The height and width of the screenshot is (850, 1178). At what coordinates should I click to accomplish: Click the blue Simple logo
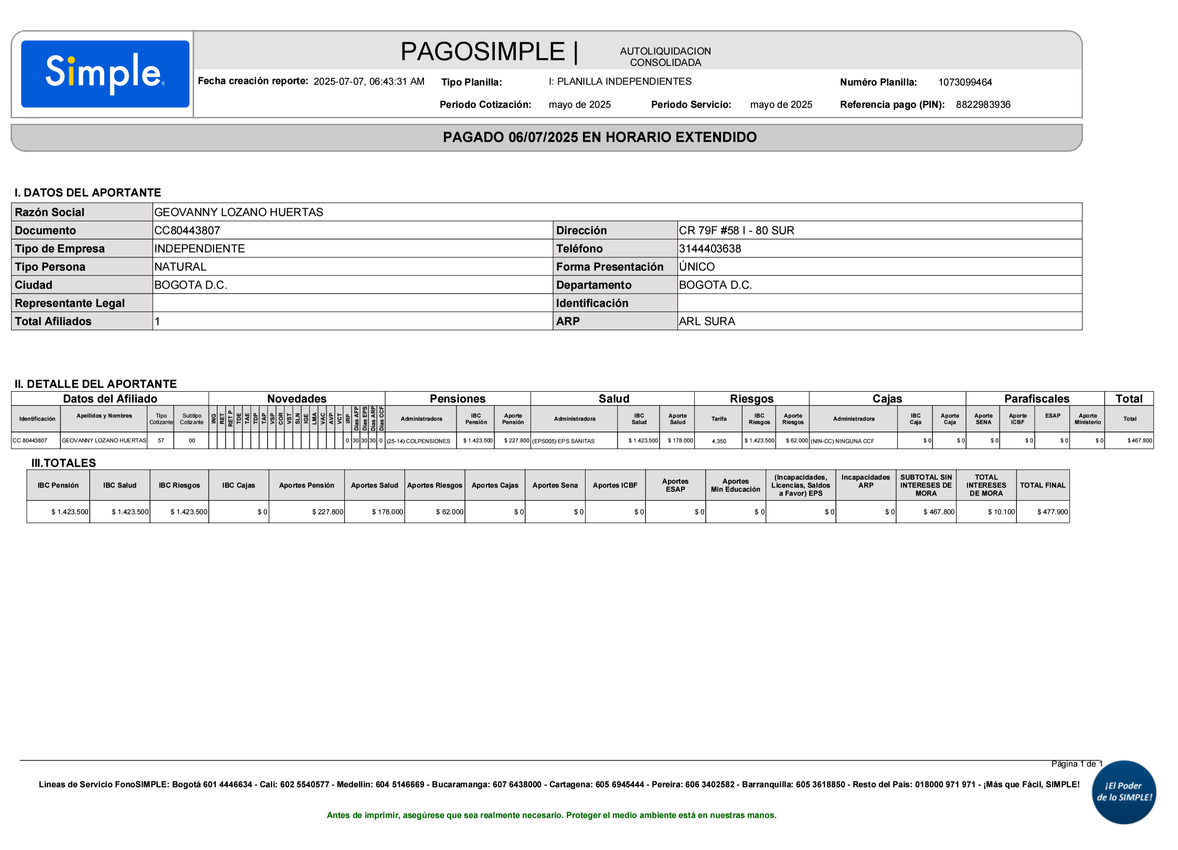pyautogui.click(x=105, y=74)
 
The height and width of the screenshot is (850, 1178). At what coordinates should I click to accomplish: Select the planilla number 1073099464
pyautogui.click(x=964, y=82)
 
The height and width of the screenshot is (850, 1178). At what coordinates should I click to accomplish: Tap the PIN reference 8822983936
pyautogui.click(x=982, y=105)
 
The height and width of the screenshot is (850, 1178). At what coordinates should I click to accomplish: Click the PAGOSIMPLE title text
pyautogui.click(x=482, y=52)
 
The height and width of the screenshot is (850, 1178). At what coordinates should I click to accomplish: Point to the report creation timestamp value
pyautogui.click(x=368, y=82)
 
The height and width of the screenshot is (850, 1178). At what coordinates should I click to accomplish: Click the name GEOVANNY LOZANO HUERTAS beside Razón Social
pyautogui.click(x=238, y=212)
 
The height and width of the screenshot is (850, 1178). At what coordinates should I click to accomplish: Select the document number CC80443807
pyautogui.click(x=187, y=231)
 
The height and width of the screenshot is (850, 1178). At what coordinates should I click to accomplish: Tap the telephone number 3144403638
pyautogui.click(x=709, y=249)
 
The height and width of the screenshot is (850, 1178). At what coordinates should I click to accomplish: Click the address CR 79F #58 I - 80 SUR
pyautogui.click(x=736, y=231)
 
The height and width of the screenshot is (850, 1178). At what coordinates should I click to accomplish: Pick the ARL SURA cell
pyautogui.click(x=707, y=321)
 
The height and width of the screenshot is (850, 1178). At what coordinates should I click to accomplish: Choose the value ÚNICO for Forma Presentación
pyautogui.click(x=696, y=267)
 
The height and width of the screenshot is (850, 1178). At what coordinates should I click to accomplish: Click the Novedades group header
pyautogui.click(x=296, y=399)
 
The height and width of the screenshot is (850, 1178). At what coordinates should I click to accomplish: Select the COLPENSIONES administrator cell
pyautogui.click(x=419, y=441)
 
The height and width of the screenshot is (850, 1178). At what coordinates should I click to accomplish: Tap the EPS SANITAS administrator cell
pyautogui.click(x=564, y=441)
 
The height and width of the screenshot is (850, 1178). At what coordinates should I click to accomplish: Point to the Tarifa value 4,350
pyautogui.click(x=718, y=441)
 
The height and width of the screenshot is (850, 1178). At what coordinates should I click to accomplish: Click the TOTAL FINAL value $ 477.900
pyautogui.click(x=1052, y=512)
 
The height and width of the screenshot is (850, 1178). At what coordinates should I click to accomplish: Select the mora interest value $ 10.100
pyautogui.click(x=1001, y=512)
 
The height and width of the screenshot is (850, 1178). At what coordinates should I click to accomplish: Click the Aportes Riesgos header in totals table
pyautogui.click(x=434, y=486)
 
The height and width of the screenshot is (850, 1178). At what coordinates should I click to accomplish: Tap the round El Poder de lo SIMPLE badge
pyautogui.click(x=1123, y=792)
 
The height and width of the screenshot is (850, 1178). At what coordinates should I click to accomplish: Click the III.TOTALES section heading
pyautogui.click(x=63, y=463)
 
